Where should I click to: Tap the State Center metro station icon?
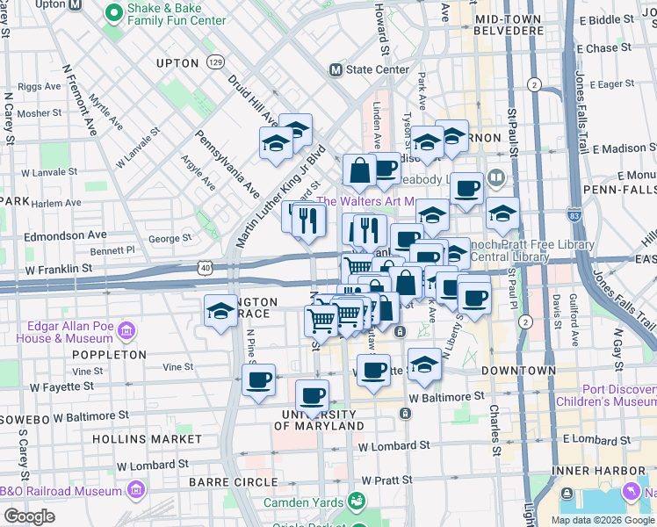(335, 69)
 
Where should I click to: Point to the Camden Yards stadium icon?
(357, 502)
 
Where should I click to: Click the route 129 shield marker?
(216, 61)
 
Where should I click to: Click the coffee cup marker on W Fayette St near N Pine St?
(259, 380)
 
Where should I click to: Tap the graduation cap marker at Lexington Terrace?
(220, 310)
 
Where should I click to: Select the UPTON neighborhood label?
(178, 63)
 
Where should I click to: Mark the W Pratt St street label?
(386, 480)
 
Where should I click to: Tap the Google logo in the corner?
(29, 516)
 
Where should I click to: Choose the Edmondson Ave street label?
(66, 235)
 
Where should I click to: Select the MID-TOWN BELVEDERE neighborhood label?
(509, 24)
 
